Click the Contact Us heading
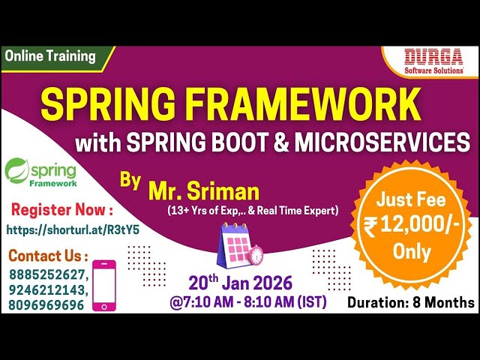48,256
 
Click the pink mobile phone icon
103,285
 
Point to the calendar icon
238,245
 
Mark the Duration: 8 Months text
410,302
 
